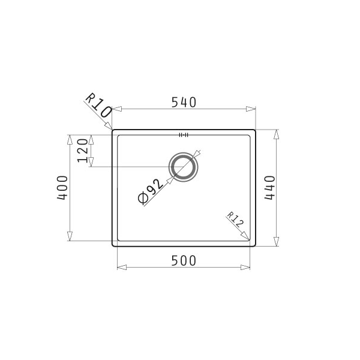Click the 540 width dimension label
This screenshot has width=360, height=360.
[x=184, y=103]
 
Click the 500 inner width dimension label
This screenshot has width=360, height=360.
[x=184, y=261]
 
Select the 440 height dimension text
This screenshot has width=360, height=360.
[x=269, y=188]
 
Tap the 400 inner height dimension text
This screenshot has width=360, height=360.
[x=62, y=188]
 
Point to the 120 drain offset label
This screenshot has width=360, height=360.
[x=83, y=151]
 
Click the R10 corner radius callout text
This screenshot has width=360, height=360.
[x=99, y=105]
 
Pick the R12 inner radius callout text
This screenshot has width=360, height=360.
[x=235, y=220]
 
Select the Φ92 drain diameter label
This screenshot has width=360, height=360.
[x=151, y=191]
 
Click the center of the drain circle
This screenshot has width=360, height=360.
[x=183, y=167]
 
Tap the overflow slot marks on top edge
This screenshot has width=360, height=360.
[x=184, y=135]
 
